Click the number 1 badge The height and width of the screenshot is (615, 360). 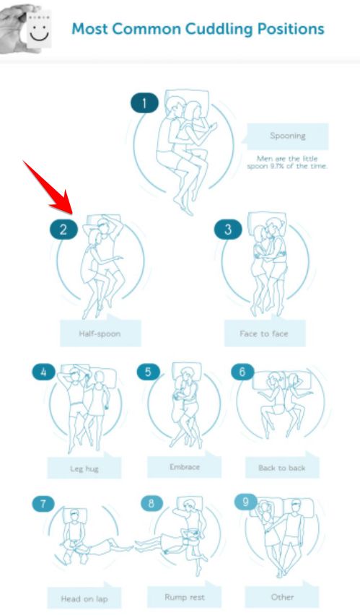[144, 103]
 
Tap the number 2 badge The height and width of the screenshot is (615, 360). [63, 230]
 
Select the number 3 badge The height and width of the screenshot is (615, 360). [228, 230]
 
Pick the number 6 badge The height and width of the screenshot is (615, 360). [242, 372]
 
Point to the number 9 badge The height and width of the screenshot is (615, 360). [245, 502]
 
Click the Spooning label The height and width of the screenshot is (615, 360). [287, 136]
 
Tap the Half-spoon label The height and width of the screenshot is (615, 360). [100, 333]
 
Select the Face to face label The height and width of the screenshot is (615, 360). [265, 333]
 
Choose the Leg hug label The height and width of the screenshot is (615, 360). [84, 468]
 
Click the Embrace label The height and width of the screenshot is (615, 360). [184, 467]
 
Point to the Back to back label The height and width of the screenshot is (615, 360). [282, 468]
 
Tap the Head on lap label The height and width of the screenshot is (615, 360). [84, 598]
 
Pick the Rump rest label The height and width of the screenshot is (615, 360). [184, 598]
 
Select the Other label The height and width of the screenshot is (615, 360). [282, 598]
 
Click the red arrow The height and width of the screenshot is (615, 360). [48, 187]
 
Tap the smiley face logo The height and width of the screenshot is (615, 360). [39, 30]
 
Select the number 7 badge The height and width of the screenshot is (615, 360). [43, 504]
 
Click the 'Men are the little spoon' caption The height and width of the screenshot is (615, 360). [287, 162]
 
